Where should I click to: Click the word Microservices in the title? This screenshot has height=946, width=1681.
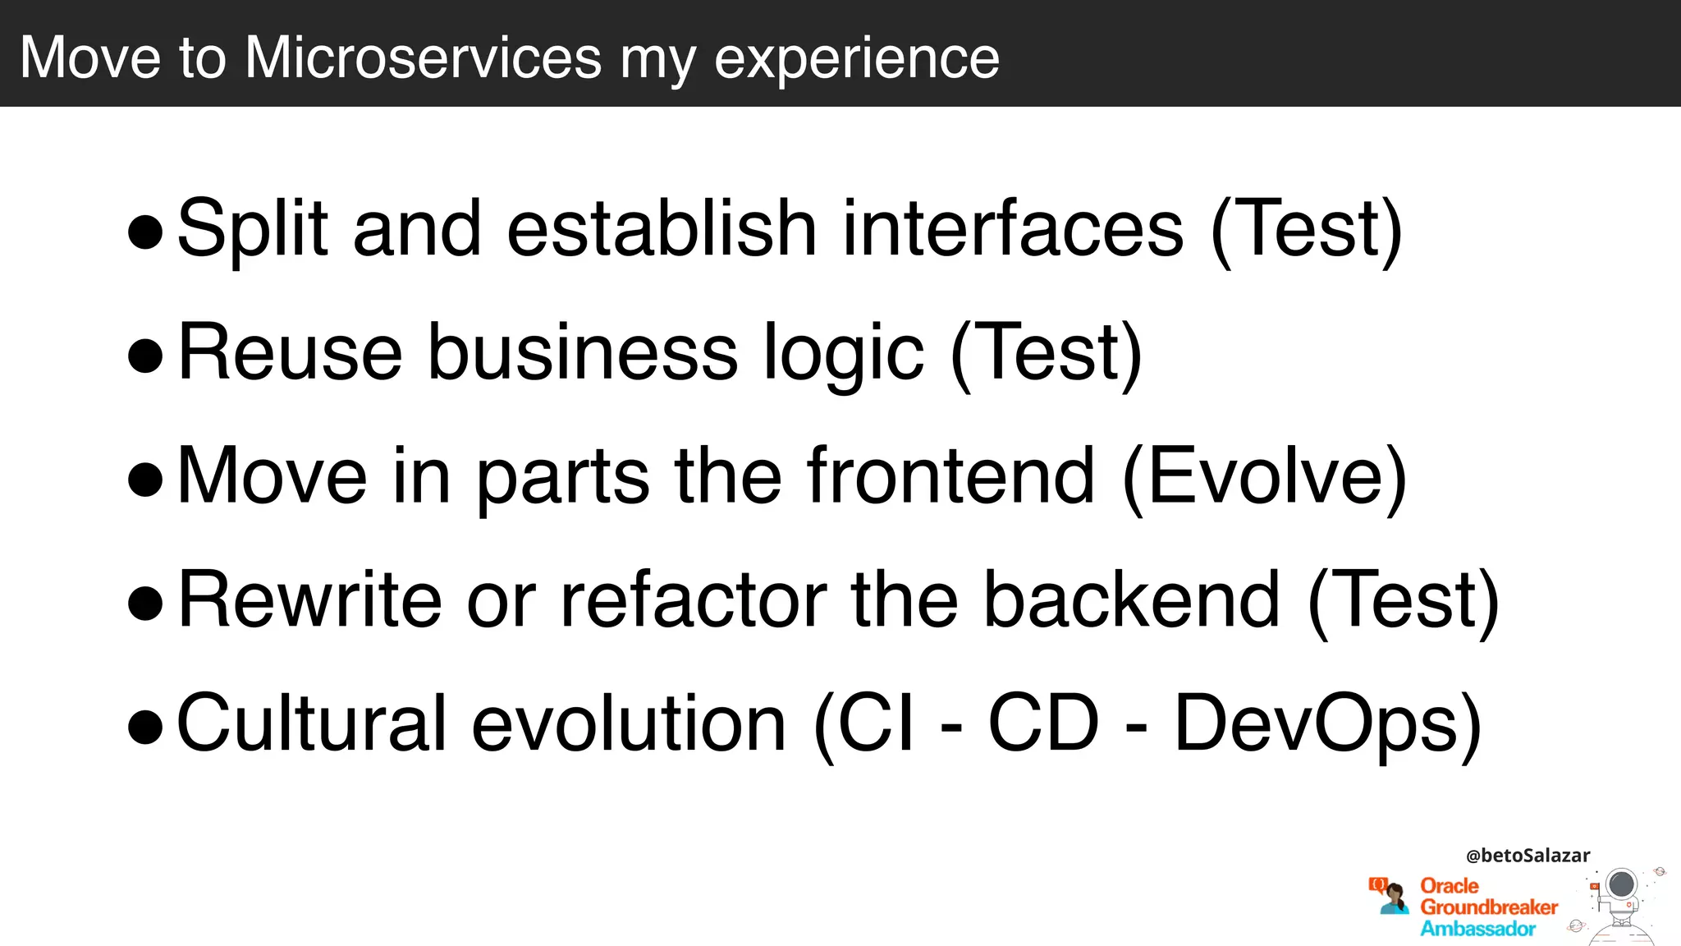tap(423, 57)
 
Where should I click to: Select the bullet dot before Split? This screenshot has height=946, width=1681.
tap(146, 232)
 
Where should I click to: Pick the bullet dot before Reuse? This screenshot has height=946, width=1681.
tap(146, 356)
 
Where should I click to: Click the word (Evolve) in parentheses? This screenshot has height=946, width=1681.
tap(1264, 478)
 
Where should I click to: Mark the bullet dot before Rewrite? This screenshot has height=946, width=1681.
tap(146, 604)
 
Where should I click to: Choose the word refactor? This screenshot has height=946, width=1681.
tap(694, 600)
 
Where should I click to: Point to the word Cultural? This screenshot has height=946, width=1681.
tap(312, 723)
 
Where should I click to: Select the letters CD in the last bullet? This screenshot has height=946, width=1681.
tap(1042, 723)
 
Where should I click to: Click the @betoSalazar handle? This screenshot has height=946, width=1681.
tap(1528, 856)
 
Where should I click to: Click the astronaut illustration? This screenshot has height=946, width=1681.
tap(1620, 903)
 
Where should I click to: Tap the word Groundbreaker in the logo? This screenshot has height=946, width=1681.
tap(1489, 907)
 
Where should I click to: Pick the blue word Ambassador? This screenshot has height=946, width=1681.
tap(1477, 929)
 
